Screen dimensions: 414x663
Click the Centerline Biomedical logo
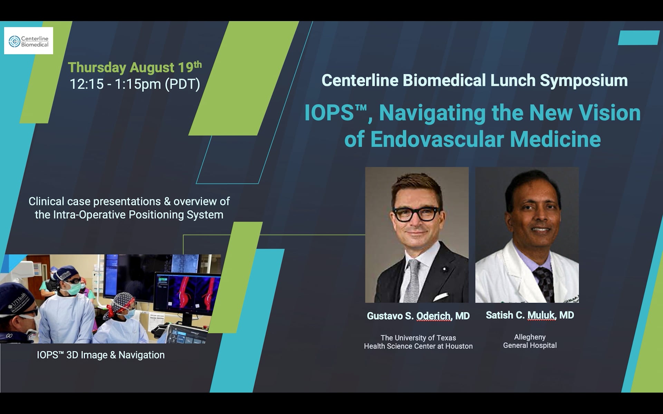pos(28,41)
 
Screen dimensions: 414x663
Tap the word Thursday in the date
pos(97,68)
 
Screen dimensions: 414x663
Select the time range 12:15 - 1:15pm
pos(115,84)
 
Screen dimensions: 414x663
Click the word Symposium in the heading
pos(584,81)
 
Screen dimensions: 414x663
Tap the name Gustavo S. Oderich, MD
pos(418,316)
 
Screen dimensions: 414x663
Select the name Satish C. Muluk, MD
pos(530,315)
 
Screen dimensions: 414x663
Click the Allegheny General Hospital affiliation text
pos(530,341)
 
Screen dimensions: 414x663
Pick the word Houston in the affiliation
pos(459,346)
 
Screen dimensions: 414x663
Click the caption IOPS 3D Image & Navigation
pos(100,355)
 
